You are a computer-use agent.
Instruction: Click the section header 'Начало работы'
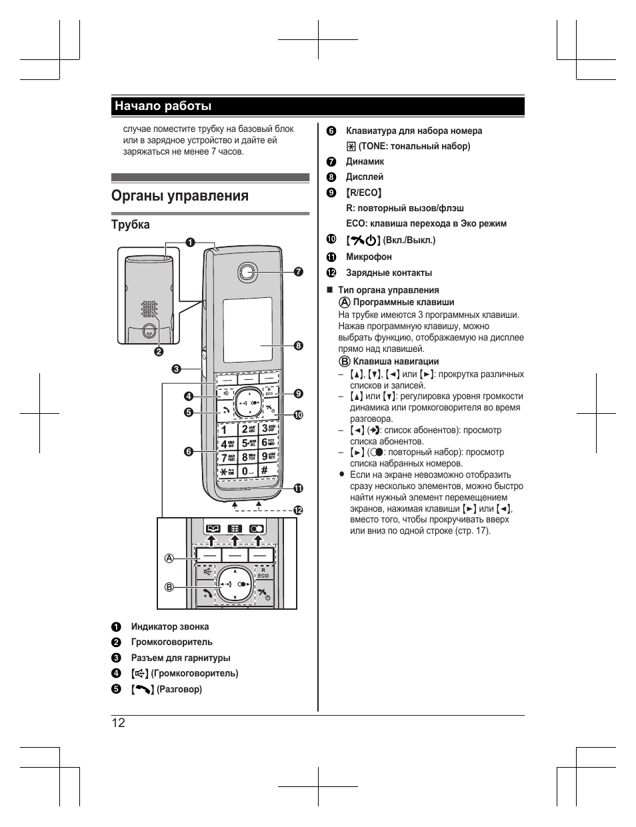163,106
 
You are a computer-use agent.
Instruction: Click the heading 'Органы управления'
180,196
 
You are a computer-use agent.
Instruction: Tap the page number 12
119,724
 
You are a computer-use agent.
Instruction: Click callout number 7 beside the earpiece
298,271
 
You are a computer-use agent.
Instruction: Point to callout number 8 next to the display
298,345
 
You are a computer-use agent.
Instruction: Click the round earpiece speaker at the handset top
247,271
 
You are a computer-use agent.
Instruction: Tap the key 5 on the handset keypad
248,442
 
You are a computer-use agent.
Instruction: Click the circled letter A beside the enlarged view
169,558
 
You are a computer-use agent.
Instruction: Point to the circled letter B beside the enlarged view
169,587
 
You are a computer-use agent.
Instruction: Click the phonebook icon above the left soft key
212,528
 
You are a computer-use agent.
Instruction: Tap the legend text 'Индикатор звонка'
170,626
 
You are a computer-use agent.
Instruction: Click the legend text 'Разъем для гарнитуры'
181,658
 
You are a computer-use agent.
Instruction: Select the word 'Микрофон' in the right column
369,257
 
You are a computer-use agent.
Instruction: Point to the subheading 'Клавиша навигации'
396,361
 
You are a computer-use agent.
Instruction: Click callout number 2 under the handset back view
159,351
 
